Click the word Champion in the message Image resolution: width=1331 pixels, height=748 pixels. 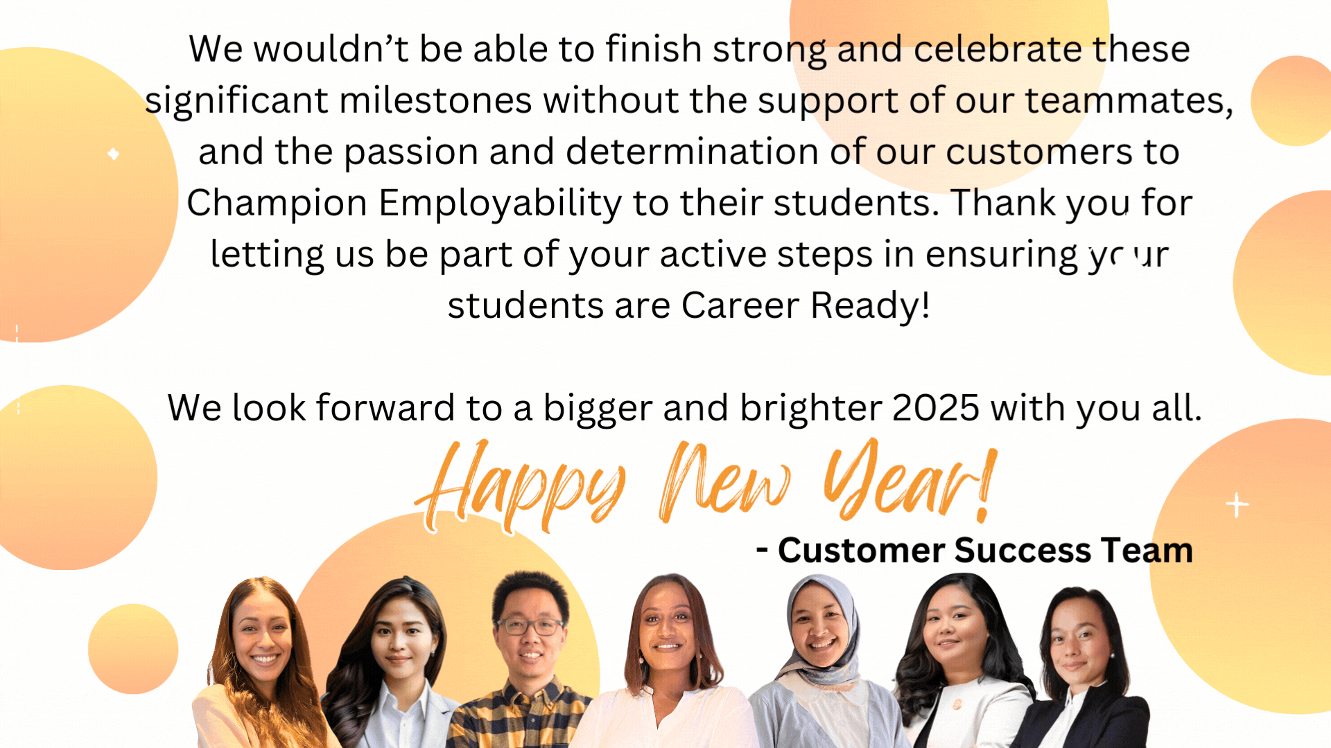tap(277, 204)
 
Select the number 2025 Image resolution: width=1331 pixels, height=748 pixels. tap(935, 408)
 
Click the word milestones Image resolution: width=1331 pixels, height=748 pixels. tap(435, 101)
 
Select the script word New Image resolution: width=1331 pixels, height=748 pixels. tap(724, 481)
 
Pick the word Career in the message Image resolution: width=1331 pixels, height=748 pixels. tap(740, 305)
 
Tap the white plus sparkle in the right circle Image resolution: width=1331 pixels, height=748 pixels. tap(1237, 505)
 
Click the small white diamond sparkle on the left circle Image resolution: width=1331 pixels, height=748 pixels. tap(114, 154)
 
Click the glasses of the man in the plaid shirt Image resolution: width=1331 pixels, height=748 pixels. tap(530, 627)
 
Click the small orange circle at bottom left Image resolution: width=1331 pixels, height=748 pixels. tap(133, 649)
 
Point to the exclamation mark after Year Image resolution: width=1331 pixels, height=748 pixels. tap(986, 485)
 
